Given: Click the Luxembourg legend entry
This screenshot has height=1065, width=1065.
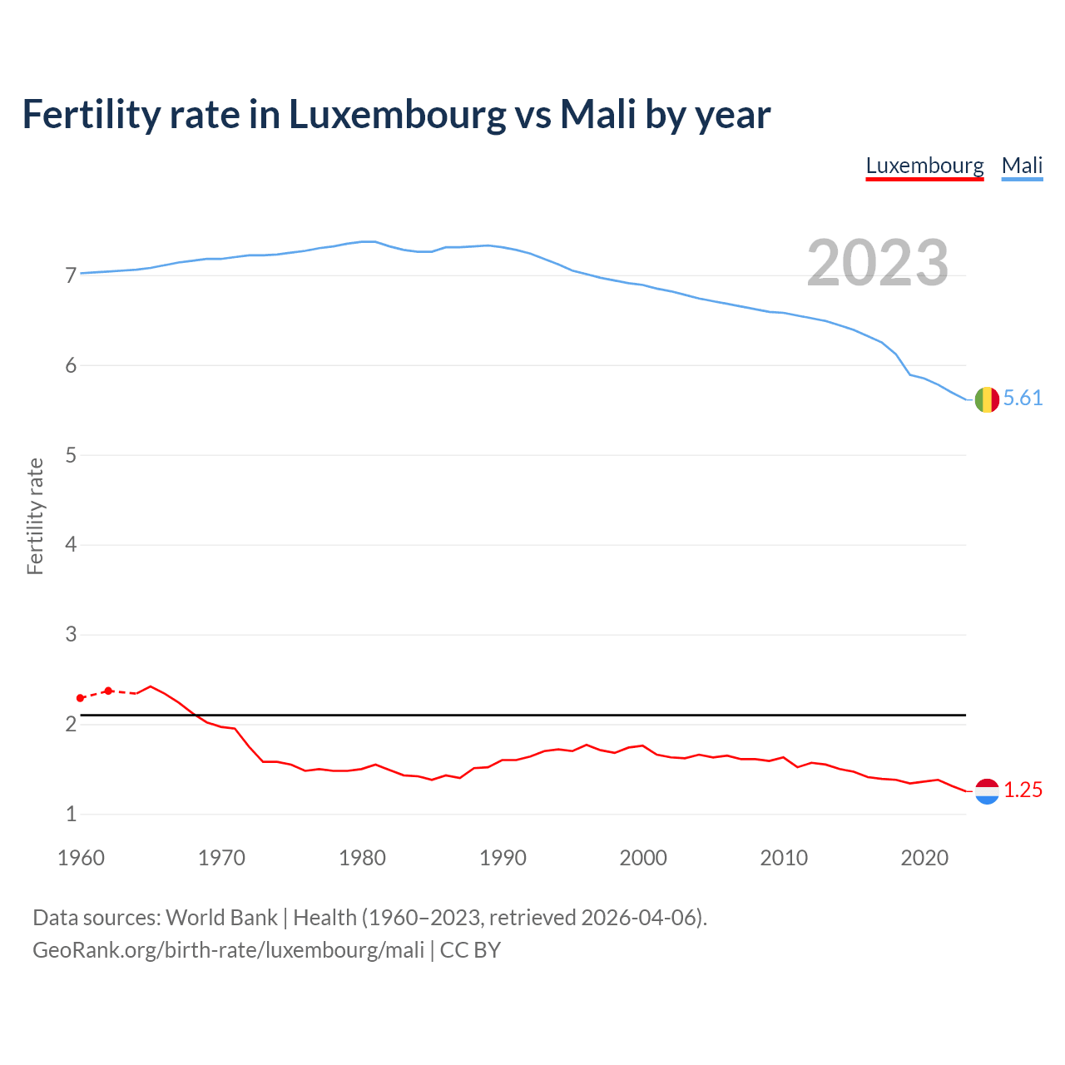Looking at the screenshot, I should pos(924,166).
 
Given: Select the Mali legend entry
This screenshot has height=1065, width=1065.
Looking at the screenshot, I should pos(1022,166).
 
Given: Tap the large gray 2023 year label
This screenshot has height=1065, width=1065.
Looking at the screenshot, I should pos(878,263).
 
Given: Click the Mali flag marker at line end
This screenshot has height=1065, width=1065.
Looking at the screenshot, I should pos(987,399).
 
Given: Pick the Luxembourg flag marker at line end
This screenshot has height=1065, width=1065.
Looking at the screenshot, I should pos(987,790).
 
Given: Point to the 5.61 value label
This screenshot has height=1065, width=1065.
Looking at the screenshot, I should pos(1023,399).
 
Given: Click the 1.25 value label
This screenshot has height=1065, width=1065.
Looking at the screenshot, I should pos(1023,790).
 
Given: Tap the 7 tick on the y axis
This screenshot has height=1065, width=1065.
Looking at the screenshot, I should pos(71,275).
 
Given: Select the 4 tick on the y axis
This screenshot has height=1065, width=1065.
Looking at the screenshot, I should pos(71,545).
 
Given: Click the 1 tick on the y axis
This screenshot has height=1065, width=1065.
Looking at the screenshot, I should pos(71,815).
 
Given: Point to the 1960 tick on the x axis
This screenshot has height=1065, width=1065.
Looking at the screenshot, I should pos(81,858).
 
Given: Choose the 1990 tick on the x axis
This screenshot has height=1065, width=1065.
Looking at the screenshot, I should pos(503,858).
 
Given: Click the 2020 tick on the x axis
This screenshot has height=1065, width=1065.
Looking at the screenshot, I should pos(924,858).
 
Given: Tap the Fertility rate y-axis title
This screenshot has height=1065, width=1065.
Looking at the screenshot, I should pos(35,516).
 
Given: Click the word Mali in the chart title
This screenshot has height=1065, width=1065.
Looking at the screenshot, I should pos(598,114).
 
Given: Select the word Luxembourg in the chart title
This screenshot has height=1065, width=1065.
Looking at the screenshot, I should pos(397,114).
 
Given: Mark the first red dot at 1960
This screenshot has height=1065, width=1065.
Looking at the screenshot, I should pos(81,698).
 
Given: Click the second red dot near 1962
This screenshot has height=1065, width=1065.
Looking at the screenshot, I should pos(108,691).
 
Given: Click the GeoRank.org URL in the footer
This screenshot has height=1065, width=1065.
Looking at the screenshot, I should pos(228,950).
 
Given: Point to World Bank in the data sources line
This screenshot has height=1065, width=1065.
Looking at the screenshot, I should pos(221,918).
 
